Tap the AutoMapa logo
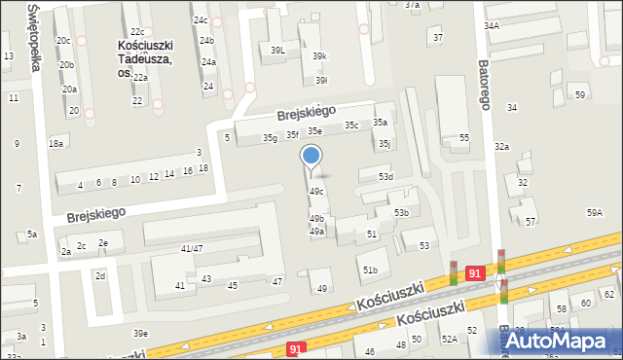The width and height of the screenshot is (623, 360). tap(563, 341)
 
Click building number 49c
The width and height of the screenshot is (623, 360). tap(316, 192)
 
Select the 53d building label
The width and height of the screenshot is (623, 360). tap(385, 176)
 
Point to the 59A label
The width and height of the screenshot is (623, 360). tap(594, 212)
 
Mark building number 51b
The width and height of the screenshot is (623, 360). tap(369, 270)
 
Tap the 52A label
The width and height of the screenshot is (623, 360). tap(449, 339)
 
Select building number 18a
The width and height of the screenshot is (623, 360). tap(56, 143)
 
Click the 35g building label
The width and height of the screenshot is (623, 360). tap(270, 138)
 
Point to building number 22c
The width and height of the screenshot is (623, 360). tap(137, 32)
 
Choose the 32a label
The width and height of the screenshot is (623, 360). tap(501, 146)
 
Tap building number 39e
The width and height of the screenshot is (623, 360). tap(141, 334)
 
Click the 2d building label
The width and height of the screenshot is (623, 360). tap(99, 276)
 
